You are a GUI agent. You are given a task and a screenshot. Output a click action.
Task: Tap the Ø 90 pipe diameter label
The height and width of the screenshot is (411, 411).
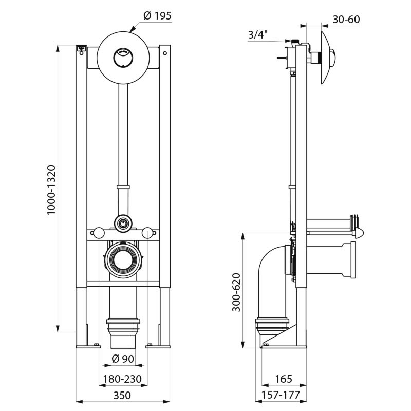[x=123, y=358]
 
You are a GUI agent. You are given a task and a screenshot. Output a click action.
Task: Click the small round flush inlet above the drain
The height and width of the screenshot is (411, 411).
[x=122, y=223]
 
